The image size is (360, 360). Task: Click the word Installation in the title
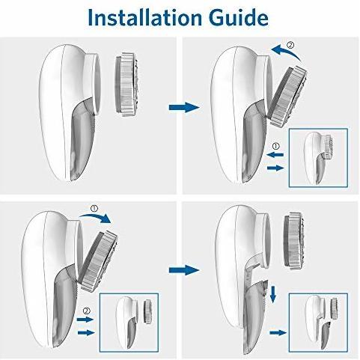[144, 17]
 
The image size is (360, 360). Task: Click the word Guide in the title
[239, 19]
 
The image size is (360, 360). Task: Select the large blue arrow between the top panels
[184, 108]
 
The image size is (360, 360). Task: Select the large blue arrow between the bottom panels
[184, 270]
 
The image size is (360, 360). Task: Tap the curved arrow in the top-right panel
[287, 52]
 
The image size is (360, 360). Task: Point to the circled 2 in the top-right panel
[290, 45]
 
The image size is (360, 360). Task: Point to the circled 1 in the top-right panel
[275, 146]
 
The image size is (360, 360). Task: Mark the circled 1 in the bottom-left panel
[94, 208]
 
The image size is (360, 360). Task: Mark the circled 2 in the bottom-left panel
[87, 311]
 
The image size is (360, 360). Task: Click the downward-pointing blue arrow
[273, 294]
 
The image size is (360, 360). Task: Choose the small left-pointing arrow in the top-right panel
[275, 155]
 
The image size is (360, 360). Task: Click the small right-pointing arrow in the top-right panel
[275, 168]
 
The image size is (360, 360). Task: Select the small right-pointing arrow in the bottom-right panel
[278, 332]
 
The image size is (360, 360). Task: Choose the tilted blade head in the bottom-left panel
[98, 262]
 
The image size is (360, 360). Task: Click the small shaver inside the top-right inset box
[318, 158]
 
